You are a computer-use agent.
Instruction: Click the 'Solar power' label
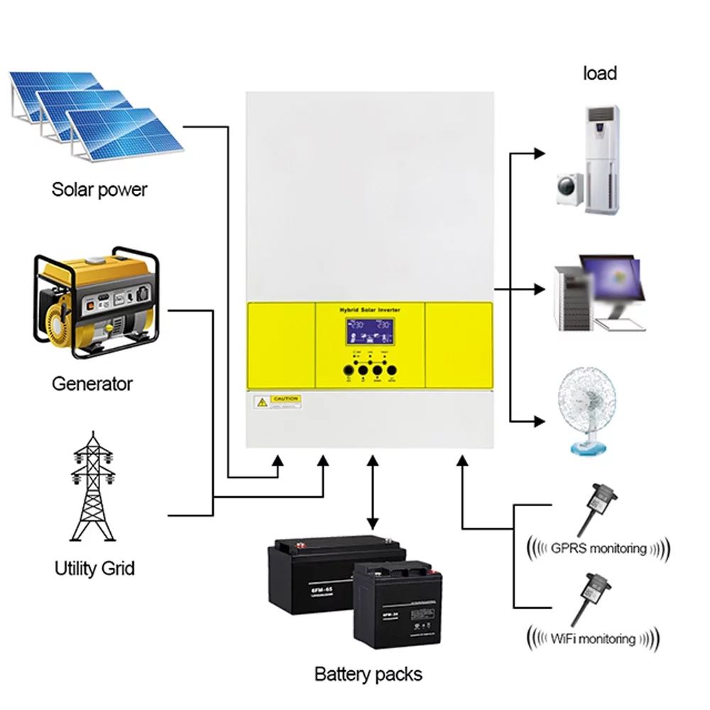coord(99,190)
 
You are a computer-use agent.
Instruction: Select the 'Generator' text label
coord(92,384)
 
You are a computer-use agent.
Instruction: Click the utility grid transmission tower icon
coord(92,490)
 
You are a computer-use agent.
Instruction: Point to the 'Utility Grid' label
coord(94,568)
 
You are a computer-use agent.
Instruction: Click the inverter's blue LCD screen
coord(369,332)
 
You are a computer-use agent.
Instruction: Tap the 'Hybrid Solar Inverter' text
coord(369,310)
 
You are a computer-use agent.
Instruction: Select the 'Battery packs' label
coord(368,674)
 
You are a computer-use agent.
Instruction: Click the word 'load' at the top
coord(600,73)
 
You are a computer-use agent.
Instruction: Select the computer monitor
coord(611,284)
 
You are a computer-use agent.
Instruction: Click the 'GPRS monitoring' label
coord(599,548)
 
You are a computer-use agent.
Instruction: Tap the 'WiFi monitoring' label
coord(593,638)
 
